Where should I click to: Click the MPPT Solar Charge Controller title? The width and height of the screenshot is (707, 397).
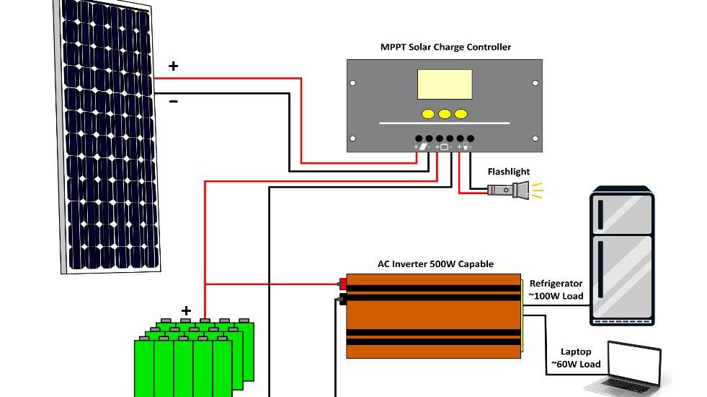445,48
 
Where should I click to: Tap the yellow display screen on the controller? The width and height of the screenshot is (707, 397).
445,84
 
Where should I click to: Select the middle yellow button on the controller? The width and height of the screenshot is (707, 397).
445,113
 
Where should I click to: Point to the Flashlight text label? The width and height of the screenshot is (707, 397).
508,172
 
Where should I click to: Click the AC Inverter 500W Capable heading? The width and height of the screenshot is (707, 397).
435,264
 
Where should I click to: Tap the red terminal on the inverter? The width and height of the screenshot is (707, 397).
342,284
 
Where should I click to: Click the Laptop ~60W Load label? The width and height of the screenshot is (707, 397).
576,358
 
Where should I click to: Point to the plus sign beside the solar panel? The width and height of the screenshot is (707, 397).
174,66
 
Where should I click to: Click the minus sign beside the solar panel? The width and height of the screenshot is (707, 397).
174,102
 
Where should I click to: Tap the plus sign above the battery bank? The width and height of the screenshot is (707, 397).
186,311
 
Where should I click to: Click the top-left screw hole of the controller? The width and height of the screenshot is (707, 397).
353,83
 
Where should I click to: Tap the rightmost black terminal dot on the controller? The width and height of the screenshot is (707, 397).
471,138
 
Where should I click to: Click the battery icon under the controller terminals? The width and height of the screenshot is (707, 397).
445,147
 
